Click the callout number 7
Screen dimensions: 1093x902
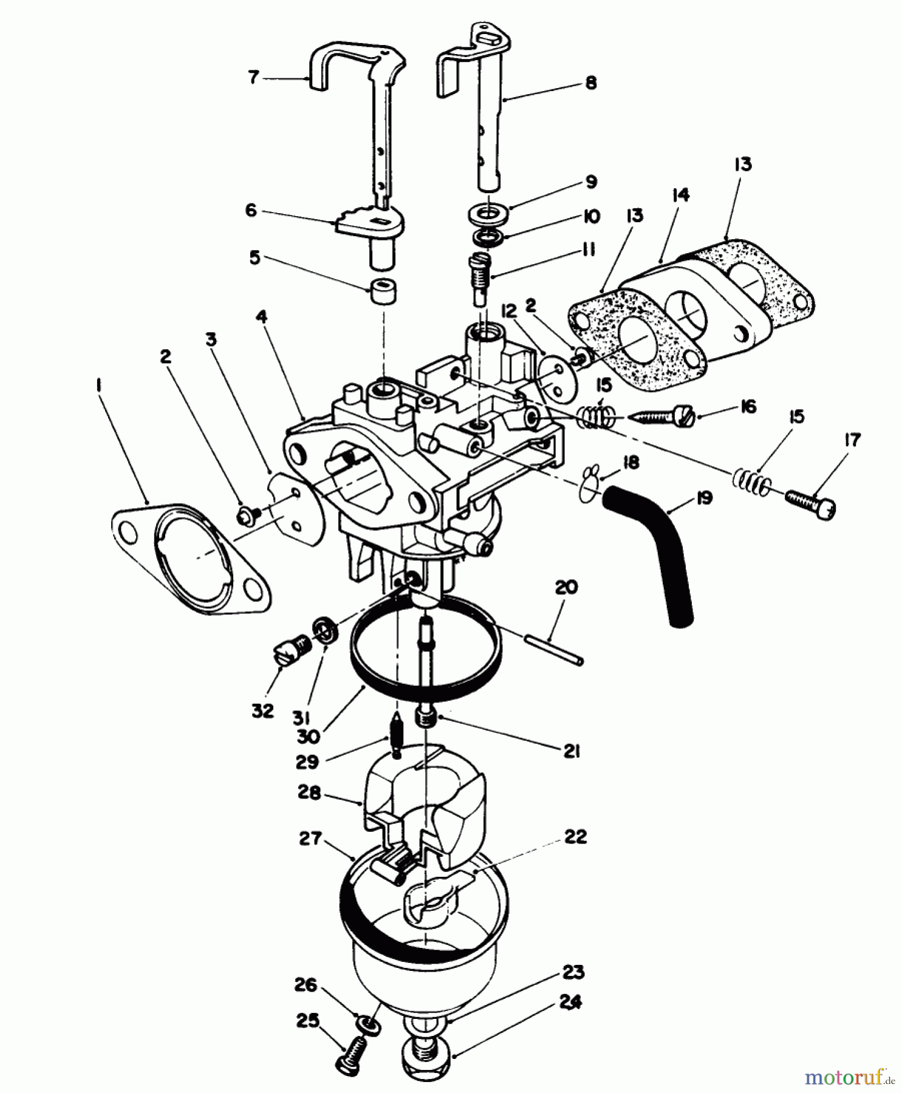[253, 77]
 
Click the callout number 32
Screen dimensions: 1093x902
[263, 710]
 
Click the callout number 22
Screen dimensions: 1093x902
[575, 837]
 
